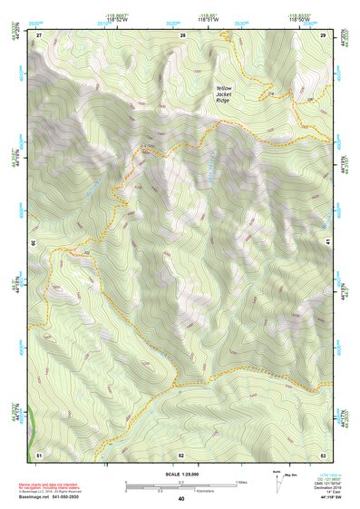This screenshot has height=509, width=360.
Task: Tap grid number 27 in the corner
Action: point(39,34)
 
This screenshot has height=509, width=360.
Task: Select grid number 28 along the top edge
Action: point(183,34)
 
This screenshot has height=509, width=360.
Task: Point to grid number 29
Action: point(324,34)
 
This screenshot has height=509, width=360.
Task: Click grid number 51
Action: point(39,455)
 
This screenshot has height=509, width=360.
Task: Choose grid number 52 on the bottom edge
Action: point(181,455)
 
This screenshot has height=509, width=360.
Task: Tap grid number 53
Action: point(323,455)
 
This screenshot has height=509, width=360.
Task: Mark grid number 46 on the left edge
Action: point(36,244)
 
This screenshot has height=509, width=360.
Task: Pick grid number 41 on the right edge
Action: point(326,244)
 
